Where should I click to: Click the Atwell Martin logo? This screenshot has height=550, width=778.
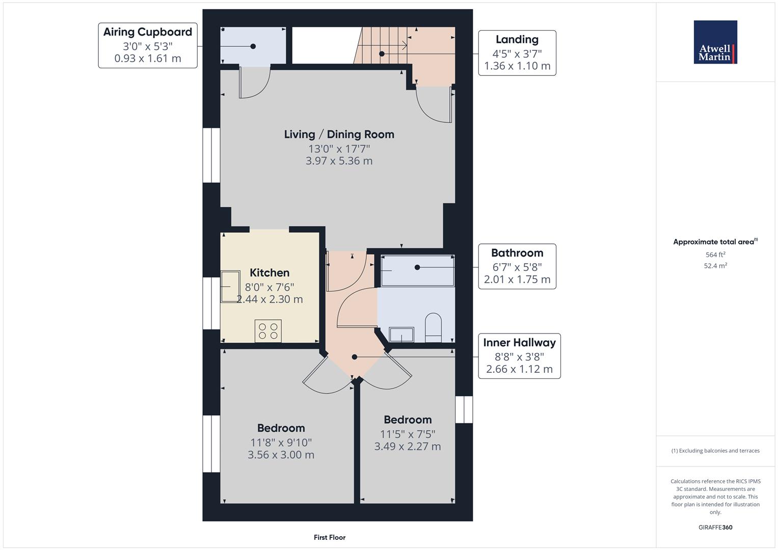click(x=715, y=42)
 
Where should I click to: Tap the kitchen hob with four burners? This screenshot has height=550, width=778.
click(x=268, y=331)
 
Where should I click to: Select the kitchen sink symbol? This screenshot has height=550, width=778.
click(x=230, y=286)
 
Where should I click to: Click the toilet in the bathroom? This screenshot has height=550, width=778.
click(x=433, y=328)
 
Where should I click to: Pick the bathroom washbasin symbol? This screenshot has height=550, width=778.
click(x=401, y=335)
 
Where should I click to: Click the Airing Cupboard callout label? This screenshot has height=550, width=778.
click(x=148, y=45)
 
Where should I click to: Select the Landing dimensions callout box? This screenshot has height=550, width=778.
click(x=517, y=53)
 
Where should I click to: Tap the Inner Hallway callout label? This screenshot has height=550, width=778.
click(x=519, y=356)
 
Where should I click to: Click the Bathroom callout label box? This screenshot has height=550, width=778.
click(x=517, y=266)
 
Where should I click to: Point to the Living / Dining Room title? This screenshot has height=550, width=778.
click(x=339, y=134)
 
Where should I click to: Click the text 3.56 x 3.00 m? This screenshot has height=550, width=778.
click(x=281, y=455)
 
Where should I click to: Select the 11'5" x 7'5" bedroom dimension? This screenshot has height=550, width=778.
click(x=408, y=434)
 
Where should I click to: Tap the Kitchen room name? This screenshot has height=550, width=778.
click(x=270, y=273)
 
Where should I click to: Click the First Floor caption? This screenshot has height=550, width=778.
click(x=330, y=537)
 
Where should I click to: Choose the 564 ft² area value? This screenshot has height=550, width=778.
click(x=715, y=255)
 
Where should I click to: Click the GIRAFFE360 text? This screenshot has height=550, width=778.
click(x=715, y=527)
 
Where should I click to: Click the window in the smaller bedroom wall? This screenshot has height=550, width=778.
click(x=464, y=409)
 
